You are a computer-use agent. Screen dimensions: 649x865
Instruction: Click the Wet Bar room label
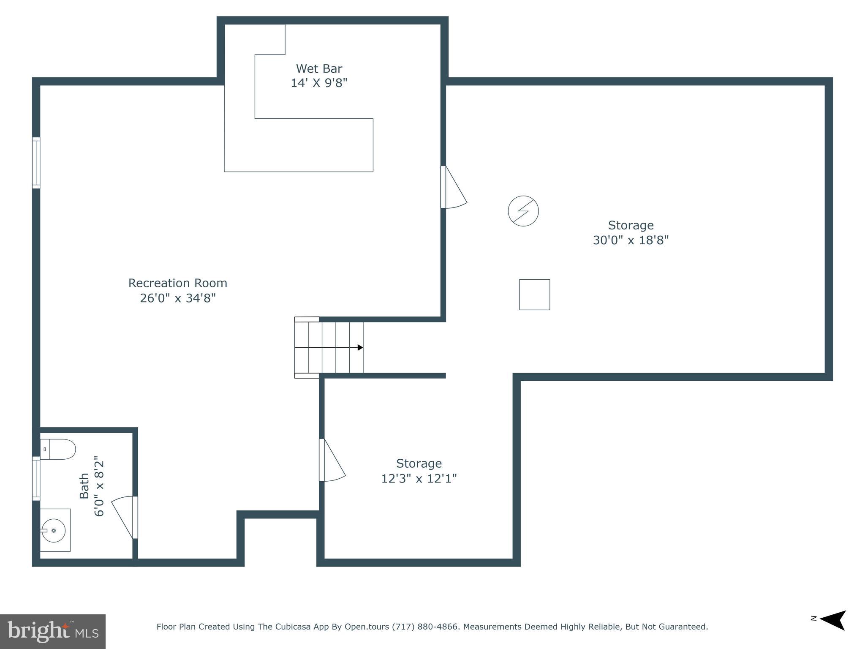click(x=319, y=68)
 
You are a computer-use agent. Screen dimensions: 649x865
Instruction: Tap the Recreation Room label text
click(x=178, y=283)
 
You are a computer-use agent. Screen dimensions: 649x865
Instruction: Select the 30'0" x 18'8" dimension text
click(x=631, y=240)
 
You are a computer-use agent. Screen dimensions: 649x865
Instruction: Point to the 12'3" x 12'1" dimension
click(x=419, y=479)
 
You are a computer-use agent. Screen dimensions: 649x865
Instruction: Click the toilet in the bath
click(x=59, y=449)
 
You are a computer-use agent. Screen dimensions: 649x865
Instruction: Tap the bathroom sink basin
click(x=54, y=530)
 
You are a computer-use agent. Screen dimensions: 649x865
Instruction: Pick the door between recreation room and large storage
click(x=453, y=188)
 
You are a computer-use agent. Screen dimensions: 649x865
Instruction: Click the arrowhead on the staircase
click(x=360, y=347)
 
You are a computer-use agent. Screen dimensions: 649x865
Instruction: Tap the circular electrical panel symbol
click(x=523, y=211)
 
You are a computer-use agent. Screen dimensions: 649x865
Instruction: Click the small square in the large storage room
click(x=534, y=295)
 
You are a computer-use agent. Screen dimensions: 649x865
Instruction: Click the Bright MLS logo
click(x=53, y=631)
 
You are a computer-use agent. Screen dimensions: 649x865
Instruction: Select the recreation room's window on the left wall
click(x=36, y=163)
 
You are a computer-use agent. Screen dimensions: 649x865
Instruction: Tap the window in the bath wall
click(x=36, y=478)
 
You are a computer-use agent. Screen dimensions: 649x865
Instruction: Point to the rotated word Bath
click(x=84, y=486)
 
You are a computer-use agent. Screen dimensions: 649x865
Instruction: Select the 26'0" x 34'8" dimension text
click(x=178, y=298)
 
